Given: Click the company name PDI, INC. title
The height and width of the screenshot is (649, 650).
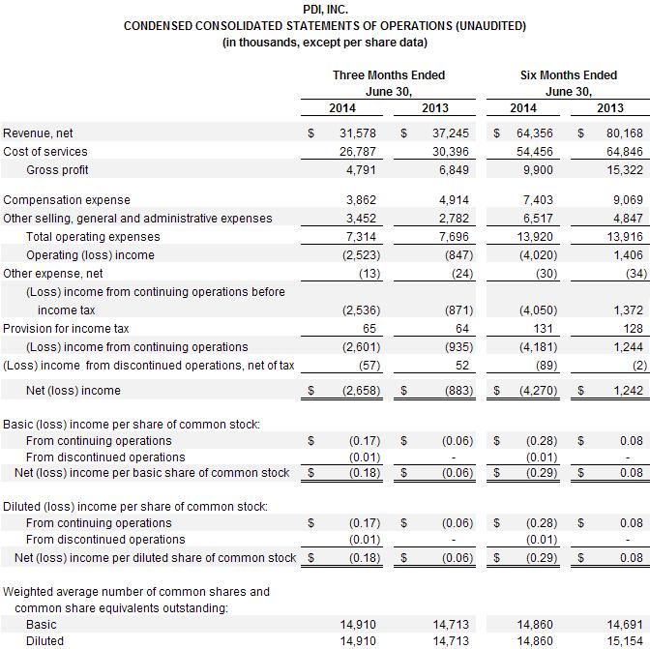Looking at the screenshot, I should point(325,10).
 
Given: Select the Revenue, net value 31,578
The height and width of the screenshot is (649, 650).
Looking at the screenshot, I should point(356,133).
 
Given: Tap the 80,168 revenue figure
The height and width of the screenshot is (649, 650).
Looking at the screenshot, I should point(624,133).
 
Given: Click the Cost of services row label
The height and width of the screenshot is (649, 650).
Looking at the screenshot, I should point(45,152).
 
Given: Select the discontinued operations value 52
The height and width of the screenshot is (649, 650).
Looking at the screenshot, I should point(460,366).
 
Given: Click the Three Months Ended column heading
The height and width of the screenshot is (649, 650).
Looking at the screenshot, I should point(389,75).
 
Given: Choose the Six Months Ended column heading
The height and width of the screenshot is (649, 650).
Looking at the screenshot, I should point(569,75).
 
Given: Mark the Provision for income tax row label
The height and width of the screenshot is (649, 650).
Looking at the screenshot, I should point(66,329).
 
